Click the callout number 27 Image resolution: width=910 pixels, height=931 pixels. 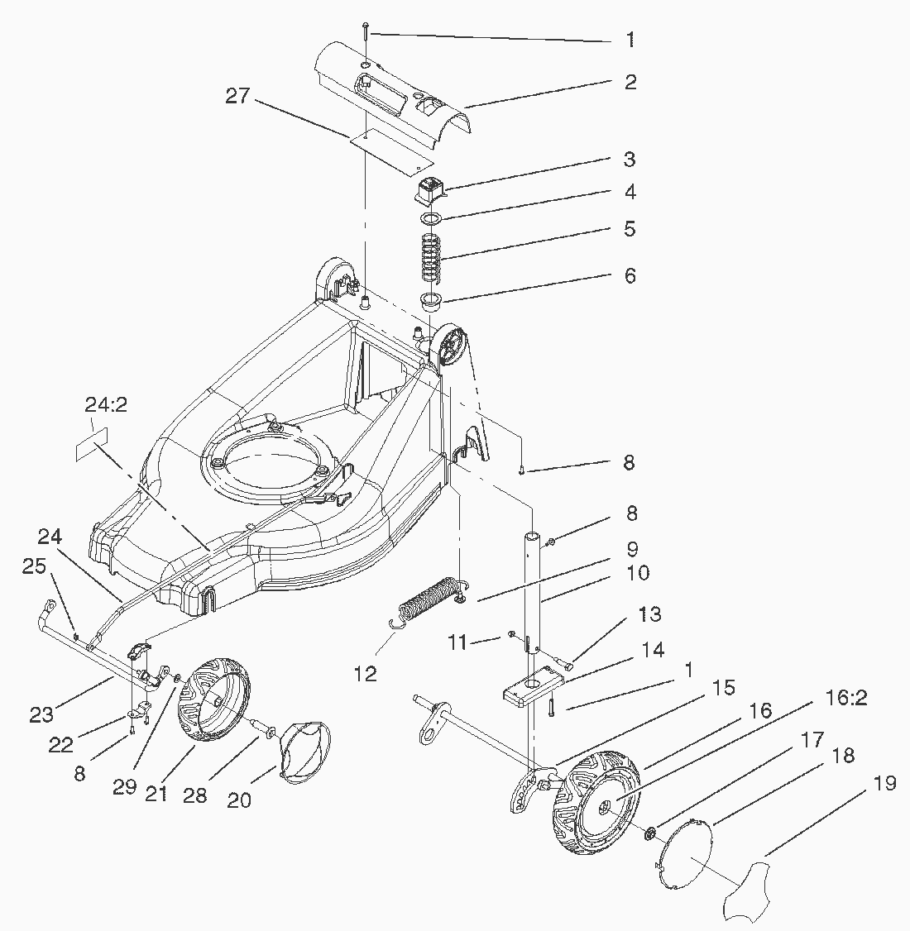click(237, 96)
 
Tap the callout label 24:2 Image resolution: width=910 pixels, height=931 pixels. click(105, 406)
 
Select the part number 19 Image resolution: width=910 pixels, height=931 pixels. click(884, 782)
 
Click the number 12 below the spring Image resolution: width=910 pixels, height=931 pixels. click(365, 674)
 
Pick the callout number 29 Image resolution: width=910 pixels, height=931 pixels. click(124, 787)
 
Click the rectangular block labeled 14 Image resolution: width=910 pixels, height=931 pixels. click(533, 685)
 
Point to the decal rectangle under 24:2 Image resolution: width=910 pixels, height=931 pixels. click(91, 445)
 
